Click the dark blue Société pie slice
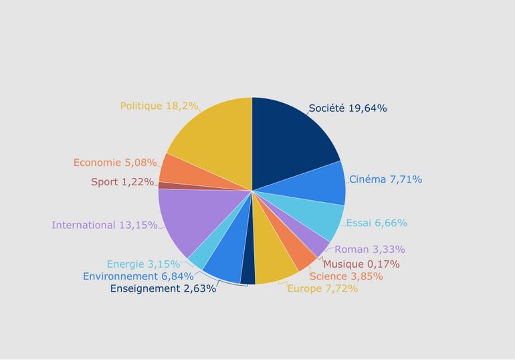point(288,141)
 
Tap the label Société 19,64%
point(348,108)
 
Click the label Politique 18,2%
point(159,106)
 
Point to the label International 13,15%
point(104,225)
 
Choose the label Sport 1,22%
point(122,182)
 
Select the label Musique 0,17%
point(361,264)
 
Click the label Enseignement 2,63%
point(163,289)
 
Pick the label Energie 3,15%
point(142,264)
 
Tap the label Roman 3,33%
point(369,250)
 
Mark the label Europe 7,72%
point(322,288)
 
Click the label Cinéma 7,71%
point(386,179)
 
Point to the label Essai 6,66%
point(377,223)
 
